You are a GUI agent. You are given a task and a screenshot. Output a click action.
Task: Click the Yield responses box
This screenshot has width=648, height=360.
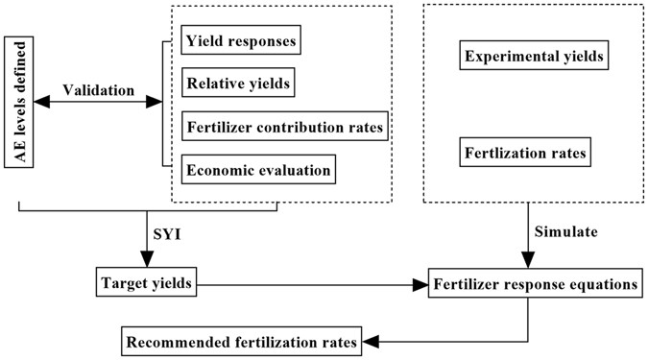[x=241, y=41]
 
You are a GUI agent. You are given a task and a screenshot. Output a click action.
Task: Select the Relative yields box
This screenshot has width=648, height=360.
[x=236, y=84]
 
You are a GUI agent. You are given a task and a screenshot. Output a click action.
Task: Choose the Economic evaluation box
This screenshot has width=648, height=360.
[x=257, y=171]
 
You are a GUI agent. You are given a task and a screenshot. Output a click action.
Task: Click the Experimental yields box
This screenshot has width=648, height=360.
[x=533, y=57]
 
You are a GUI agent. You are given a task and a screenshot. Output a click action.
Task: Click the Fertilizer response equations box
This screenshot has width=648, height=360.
[x=535, y=284]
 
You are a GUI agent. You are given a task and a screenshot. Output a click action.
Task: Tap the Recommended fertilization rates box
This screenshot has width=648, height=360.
[x=240, y=340]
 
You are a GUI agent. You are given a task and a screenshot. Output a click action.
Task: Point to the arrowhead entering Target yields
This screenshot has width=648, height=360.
[x=146, y=261]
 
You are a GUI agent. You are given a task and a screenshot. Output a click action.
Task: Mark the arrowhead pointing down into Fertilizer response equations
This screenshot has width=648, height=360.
[x=526, y=262]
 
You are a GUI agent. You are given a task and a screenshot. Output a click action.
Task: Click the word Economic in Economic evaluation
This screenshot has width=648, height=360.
[x=220, y=171]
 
